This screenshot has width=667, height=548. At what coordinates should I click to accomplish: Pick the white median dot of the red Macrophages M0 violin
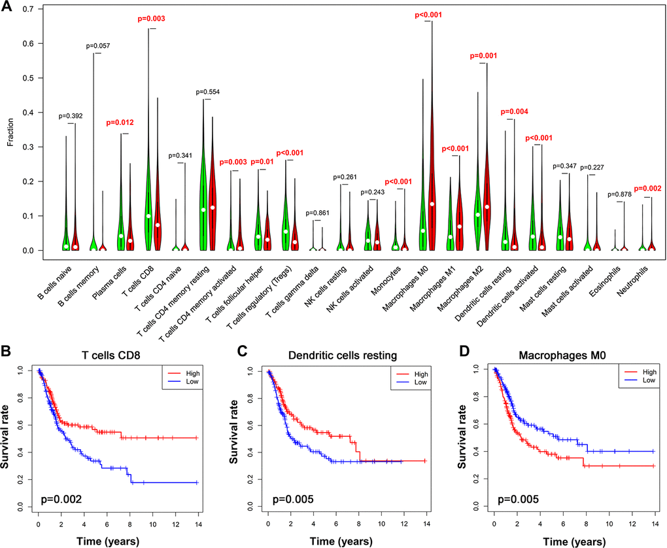(432, 204)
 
